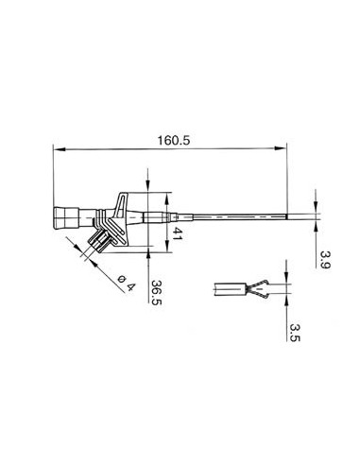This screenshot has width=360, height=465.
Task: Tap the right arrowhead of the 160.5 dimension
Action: point(283,149)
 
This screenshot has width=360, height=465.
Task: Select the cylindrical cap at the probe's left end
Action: point(65,218)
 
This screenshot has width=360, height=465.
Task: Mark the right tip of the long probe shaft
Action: point(285,219)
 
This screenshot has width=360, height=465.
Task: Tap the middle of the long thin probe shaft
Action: point(227,219)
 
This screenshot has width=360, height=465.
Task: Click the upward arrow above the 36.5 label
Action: point(148,253)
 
